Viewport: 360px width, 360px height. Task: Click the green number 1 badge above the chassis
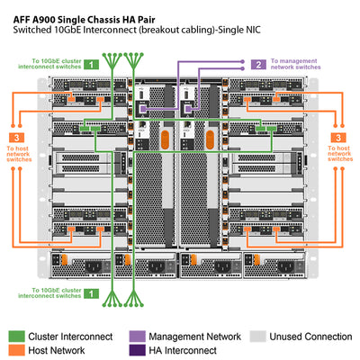click(91, 64)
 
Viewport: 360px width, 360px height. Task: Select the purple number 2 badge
click(257, 64)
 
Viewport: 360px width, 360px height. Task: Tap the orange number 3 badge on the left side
click(22, 137)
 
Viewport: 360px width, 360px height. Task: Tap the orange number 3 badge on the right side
click(337, 137)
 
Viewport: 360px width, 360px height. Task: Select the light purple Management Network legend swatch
click(138, 336)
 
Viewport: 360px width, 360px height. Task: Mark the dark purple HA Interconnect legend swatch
click(138, 351)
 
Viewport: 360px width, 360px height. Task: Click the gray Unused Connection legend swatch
click(258, 336)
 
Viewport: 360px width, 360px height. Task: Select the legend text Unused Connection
click(311, 336)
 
